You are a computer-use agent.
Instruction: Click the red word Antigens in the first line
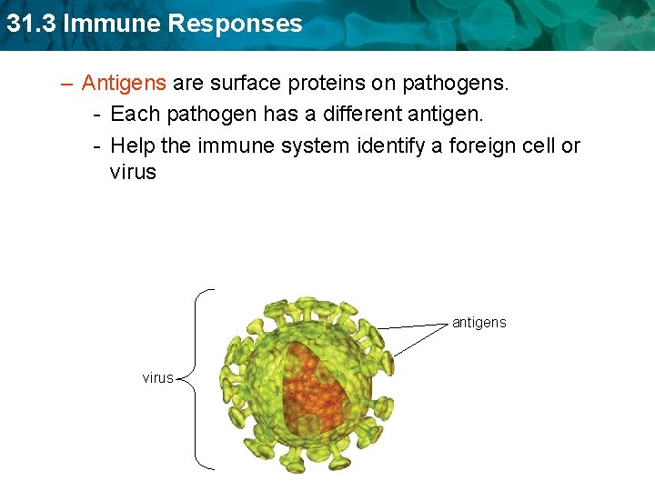tap(124, 84)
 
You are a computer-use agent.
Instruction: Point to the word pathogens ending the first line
tap(452, 84)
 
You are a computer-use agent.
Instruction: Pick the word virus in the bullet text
tap(133, 172)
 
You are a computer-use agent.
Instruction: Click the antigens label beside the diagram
tap(479, 323)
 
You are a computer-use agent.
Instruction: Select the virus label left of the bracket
tap(157, 377)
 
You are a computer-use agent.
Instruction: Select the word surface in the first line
tap(247, 84)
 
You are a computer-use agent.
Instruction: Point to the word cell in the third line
tap(531, 145)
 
